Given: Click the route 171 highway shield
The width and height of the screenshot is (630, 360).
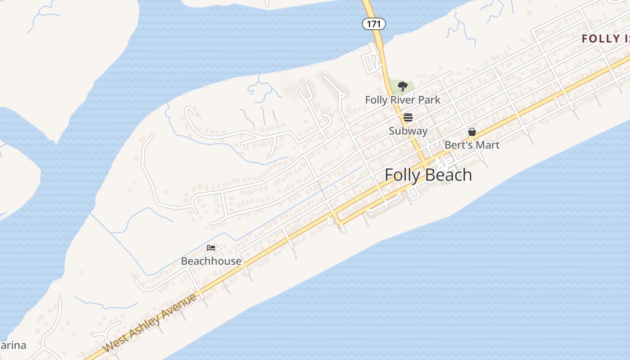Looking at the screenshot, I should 373,24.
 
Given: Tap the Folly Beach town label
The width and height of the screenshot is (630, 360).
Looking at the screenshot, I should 428,175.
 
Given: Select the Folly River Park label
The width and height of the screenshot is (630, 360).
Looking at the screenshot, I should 403,100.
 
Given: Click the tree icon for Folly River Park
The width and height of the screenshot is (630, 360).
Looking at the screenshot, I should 403,86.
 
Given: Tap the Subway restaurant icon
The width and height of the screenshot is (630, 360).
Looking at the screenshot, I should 408,117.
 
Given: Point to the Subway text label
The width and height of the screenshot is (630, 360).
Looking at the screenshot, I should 408,131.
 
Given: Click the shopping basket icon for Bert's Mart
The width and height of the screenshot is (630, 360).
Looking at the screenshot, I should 472,132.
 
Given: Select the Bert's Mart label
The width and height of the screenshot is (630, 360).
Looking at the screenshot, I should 472,145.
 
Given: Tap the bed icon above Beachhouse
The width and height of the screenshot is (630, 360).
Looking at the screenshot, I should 211,248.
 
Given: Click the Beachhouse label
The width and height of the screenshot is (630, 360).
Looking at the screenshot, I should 211,261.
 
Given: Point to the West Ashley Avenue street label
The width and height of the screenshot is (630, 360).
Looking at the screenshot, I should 150,323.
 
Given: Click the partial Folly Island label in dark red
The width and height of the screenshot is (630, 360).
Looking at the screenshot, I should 605,39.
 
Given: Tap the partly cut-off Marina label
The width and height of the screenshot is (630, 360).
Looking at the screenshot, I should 13,346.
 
